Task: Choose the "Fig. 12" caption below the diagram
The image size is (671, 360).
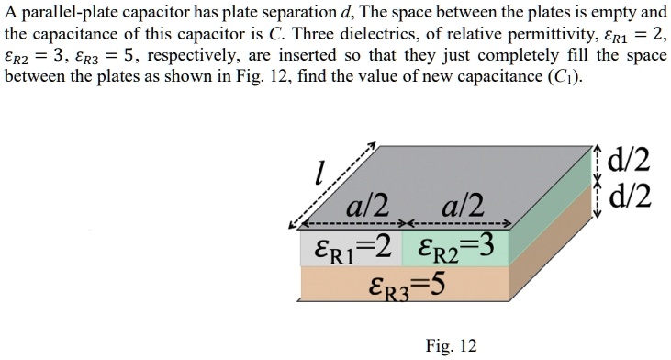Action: pyautogui.click(x=452, y=346)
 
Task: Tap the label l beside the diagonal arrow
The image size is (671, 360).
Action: pyautogui.click(x=318, y=172)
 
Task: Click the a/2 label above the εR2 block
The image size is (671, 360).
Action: pyautogui.click(x=462, y=204)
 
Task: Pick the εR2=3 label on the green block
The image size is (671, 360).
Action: pyautogui.click(x=455, y=245)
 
